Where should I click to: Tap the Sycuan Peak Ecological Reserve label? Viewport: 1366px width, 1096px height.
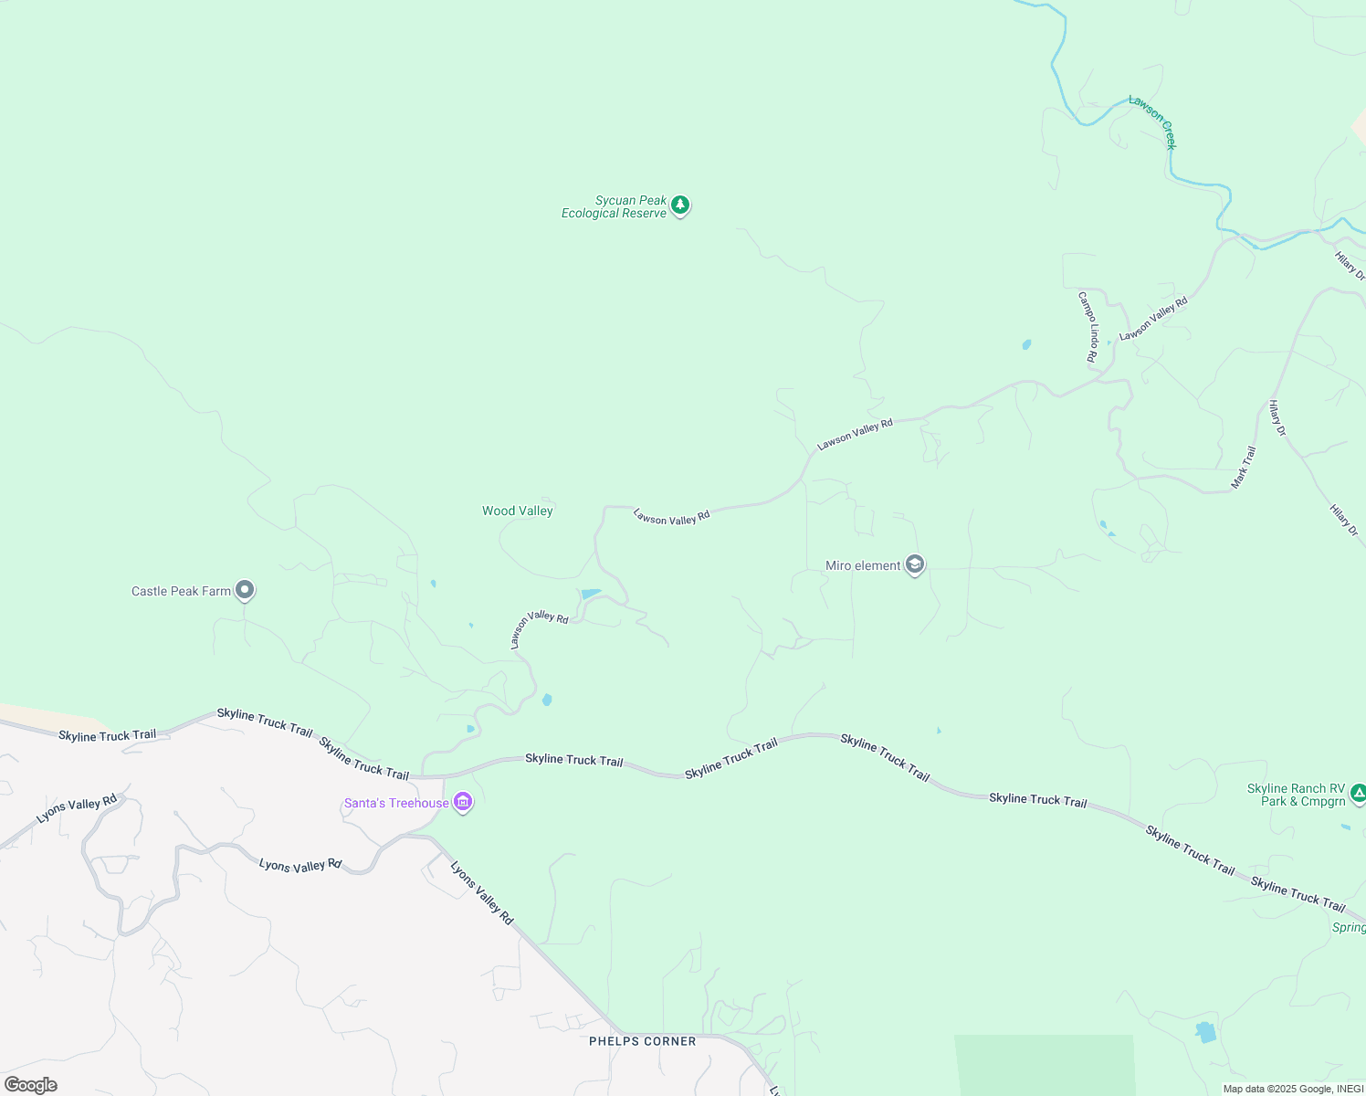pos(614,207)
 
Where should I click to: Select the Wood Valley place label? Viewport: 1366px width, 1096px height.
pos(518,511)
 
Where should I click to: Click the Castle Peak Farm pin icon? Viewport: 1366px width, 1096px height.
pos(244,590)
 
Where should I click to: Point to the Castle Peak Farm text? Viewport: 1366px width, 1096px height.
pos(181,592)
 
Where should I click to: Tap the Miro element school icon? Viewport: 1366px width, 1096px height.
pos(915,565)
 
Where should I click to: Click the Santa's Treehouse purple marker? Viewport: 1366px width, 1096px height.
pos(463,803)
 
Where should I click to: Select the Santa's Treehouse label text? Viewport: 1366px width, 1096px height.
pos(396,804)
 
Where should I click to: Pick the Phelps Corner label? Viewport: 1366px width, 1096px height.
pos(643,1041)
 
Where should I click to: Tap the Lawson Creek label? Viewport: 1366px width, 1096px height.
pos(1153,121)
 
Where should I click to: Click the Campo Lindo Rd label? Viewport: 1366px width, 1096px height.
pos(1088,327)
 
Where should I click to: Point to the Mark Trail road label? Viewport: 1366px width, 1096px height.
pos(1244,467)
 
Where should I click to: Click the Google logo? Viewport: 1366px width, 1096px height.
pos(31,1085)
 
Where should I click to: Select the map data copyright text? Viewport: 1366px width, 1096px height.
pos(1293,1089)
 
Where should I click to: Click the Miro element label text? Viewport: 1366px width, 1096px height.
pos(863,566)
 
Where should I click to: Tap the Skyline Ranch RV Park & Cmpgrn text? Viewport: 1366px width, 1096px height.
pos(1297,796)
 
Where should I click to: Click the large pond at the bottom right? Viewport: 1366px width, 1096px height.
pos(1206,1032)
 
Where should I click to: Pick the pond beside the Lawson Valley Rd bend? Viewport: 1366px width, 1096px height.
pos(590,595)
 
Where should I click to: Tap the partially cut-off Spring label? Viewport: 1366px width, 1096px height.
pos(1350,928)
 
